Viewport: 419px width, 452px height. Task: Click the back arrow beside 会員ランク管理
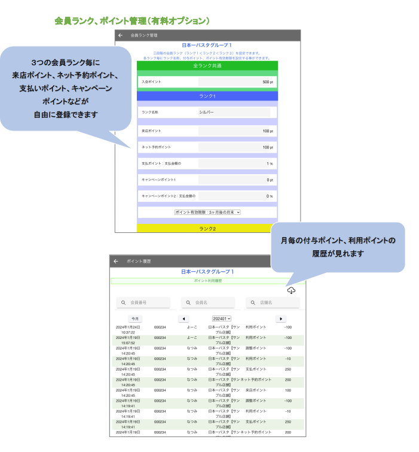coord(121,35)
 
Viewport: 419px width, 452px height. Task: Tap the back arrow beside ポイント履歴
coord(116,261)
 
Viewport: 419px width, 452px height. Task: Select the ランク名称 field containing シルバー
coord(234,112)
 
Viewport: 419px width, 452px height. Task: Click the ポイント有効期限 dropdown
coord(207,212)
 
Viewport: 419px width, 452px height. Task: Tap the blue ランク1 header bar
coord(207,96)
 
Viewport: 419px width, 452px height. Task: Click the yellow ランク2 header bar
coord(207,228)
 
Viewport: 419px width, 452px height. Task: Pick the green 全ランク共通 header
coord(207,65)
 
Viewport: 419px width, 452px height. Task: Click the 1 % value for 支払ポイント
coord(269,163)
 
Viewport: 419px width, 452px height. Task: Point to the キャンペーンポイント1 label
coord(159,180)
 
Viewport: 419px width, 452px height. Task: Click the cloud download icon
coord(291,290)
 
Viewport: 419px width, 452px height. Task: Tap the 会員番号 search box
coord(143,303)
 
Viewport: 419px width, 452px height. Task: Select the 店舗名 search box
coord(273,303)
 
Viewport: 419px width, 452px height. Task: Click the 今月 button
coord(136,318)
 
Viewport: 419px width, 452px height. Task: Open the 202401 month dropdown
coord(221,318)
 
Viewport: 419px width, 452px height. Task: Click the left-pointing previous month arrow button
coord(183,318)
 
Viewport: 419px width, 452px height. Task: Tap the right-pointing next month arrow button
coord(280,318)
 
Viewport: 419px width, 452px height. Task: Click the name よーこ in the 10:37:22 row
coord(192,327)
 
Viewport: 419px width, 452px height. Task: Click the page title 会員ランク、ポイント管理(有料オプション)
coord(132,21)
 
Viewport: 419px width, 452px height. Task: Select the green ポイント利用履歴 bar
coord(207,280)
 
